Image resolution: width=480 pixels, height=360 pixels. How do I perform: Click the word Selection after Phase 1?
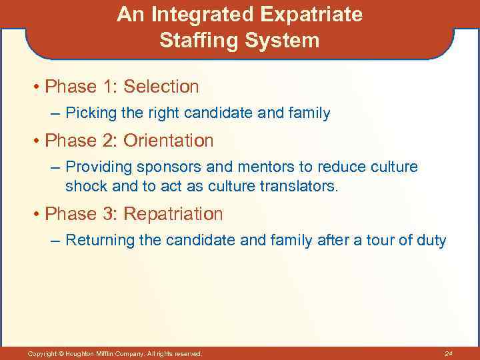[161, 87]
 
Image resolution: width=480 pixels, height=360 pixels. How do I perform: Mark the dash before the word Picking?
[55, 114]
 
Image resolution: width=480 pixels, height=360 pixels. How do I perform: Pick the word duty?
[430, 241]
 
